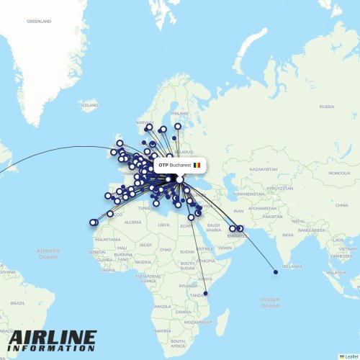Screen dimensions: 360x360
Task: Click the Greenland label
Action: click(39, 22)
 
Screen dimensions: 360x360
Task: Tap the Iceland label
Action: click(89, 106)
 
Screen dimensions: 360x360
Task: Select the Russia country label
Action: click(327, 107)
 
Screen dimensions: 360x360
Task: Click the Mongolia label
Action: click(338, 174)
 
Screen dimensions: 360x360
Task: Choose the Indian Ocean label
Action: click(271, 302)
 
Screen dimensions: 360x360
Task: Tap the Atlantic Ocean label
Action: click(48, 253)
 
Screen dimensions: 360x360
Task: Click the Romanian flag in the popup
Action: click(197, 166)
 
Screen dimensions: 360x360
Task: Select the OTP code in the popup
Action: click(163, 166)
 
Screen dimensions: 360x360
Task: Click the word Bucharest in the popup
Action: click(181, 166)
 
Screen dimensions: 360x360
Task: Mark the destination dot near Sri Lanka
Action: click(276, 272)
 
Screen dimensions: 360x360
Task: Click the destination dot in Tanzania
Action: click(206, 294)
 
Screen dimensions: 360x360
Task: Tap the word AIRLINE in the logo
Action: click(53, 338)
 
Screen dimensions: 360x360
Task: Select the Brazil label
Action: click(17, 304)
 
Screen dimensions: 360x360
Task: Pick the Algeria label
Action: click(133, 222)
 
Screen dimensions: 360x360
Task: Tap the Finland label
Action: click(179, 113)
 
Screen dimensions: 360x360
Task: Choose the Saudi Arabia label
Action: click(213, 227)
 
